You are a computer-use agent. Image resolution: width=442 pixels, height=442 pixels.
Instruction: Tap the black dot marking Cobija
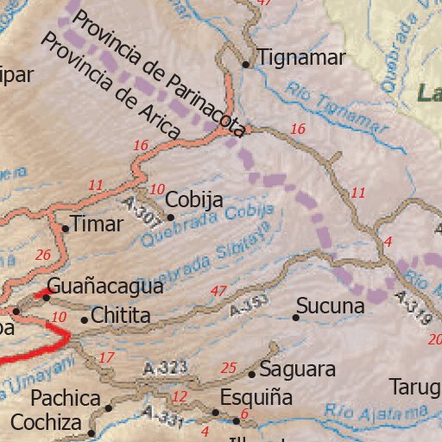[170, 218]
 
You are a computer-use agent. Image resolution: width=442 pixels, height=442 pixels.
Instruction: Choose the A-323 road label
[167, 368]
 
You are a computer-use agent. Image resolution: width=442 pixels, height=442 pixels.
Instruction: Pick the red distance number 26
[43, 255]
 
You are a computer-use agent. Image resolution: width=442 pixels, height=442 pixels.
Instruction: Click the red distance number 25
[229, 368]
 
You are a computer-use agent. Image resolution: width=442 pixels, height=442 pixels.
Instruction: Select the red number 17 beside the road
[106, 357]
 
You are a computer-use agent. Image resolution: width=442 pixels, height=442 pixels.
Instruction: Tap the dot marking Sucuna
[295, 318]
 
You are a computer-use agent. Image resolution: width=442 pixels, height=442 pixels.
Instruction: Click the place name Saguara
[297, 369]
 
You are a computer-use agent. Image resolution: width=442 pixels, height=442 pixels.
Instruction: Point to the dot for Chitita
[84, 319]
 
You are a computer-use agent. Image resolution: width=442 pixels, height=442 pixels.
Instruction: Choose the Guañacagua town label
[104, 286]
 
